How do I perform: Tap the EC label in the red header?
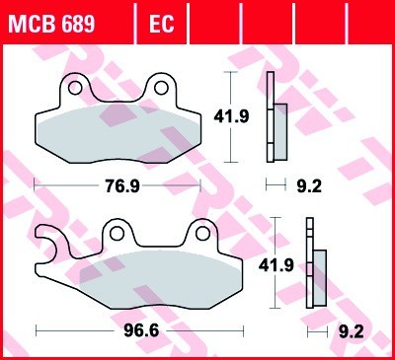click(161, 21)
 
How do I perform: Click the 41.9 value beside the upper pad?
click(228, 116)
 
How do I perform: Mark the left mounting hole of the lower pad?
click(117, 234)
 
